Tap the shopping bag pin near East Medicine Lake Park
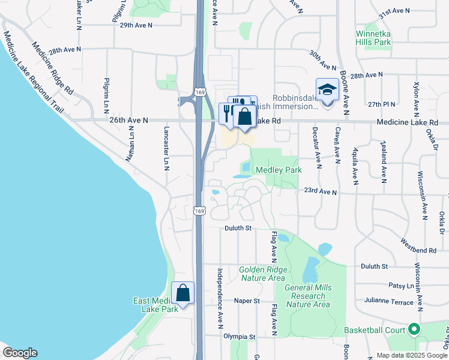click(183, 293)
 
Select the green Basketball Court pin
click(414, 329)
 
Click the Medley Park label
click(279, 170)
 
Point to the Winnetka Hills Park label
click(374, 38)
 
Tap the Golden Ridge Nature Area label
click(262, 274)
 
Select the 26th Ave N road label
click(128, 121)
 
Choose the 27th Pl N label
click(382, 104)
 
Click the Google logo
click(20, 353)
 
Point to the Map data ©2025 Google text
click(411, 355)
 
